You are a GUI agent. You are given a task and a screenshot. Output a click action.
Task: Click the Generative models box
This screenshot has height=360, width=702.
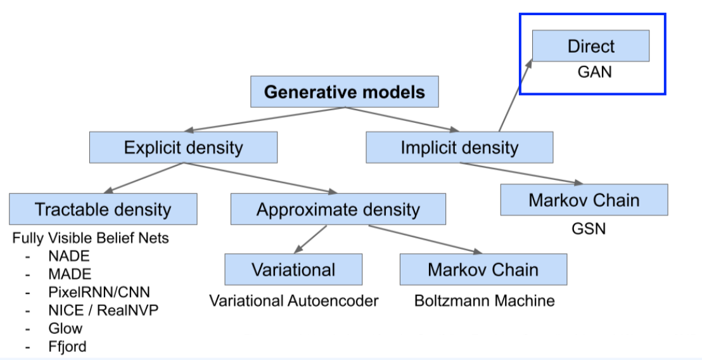(344, 92)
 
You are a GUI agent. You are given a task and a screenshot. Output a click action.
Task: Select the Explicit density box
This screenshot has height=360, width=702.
(183, 147)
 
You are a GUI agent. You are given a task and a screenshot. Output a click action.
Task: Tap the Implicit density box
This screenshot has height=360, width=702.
(459, 147)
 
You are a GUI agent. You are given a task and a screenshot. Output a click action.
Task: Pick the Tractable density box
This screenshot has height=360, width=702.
(103, 209)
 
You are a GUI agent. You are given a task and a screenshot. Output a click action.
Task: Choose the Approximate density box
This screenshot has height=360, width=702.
(338, 209)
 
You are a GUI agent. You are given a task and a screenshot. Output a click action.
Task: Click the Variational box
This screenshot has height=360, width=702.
(293, 269)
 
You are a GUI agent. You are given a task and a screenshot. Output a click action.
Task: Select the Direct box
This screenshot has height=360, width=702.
(591, 46)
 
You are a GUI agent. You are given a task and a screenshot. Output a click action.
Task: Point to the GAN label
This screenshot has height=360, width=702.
(594, 72)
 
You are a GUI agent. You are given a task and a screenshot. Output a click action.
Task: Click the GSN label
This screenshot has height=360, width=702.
(589, 229)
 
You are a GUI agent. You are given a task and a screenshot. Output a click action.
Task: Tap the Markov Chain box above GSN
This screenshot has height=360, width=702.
(584, 200)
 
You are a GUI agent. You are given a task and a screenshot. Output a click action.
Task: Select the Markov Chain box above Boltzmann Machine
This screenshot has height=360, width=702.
(483, 269)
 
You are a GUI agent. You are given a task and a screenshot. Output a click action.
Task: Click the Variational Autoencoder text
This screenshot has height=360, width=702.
(294, 301)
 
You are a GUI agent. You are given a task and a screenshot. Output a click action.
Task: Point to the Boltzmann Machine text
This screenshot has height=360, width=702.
(485, 301)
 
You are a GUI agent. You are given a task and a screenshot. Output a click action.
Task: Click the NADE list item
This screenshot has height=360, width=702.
(69, 256)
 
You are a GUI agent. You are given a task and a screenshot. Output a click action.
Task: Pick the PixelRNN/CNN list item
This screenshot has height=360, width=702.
(99, 292)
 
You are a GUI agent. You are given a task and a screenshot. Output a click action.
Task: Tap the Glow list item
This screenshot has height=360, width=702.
(65, 328)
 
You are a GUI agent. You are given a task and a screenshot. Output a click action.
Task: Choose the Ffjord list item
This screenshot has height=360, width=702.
(67, 347)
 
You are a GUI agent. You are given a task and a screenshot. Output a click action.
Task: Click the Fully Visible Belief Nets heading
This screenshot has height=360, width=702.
(91, 238)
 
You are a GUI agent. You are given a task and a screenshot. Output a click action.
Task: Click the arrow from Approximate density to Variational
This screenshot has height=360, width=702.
(310, 240)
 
